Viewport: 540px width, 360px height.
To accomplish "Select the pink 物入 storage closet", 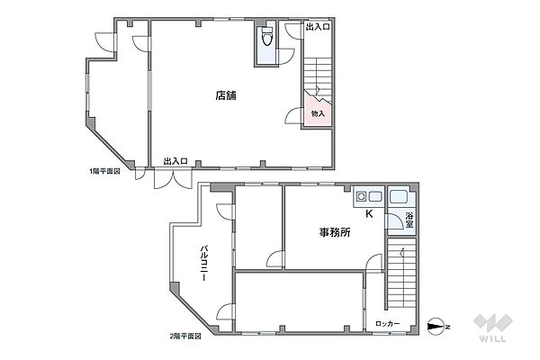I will [x=318, y=114].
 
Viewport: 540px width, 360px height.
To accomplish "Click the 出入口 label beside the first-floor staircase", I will [x=317, y=28].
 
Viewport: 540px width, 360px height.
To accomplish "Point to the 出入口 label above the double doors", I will [x=175, y=161].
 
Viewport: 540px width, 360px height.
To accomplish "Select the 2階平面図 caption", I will [x=184, y=336].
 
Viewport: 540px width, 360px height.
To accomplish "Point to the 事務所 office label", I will [x=334, y=232].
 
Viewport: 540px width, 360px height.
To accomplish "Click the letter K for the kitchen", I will [x=368, y=213].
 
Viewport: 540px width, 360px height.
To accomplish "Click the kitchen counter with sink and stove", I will [x=366, y=197].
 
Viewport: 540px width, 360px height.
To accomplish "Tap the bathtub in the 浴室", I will [x=400, y=197].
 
